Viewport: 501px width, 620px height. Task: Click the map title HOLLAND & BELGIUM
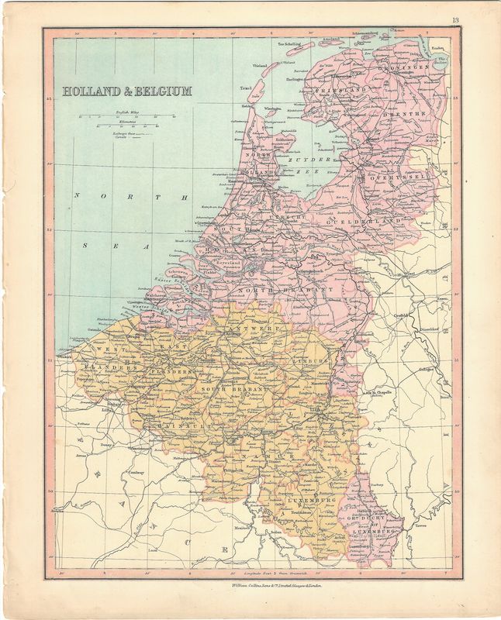pos(127,91)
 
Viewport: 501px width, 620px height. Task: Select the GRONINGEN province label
pos(403,68)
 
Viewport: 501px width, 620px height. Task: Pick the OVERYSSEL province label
pos(403,176)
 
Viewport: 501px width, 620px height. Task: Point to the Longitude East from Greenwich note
pos(267,577)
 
